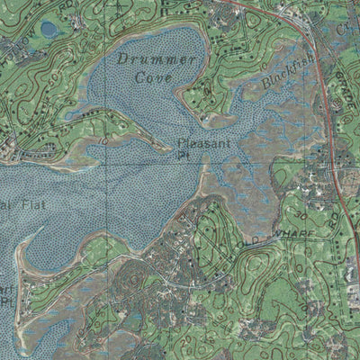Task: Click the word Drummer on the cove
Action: (156, 60)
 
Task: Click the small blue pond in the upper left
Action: (49, 30)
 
